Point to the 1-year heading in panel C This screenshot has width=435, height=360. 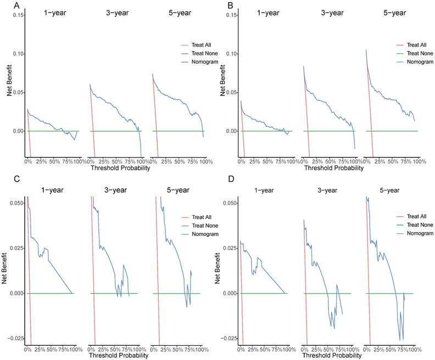(52, 190)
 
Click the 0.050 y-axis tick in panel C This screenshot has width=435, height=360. (15, 203)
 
